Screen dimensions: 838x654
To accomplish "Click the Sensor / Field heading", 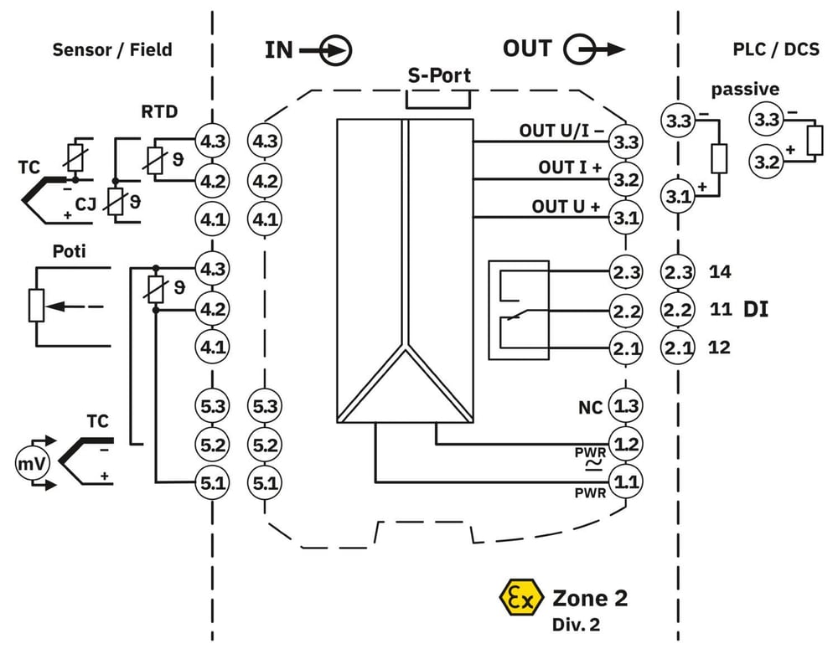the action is [x=112, y=49].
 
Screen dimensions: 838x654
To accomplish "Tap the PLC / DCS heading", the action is [x=775, y=49].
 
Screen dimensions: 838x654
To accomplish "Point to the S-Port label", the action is [x=439, y=75].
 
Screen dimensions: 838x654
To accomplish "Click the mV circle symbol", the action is [x=32, y=464].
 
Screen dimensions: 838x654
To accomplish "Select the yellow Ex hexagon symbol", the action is [x=521, y=598].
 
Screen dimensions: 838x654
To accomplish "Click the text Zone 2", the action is [x=590, y=598].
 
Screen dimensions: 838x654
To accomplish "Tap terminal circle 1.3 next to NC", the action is [x=626, y=406].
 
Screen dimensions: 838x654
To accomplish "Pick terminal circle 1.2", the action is [x=626, y=444].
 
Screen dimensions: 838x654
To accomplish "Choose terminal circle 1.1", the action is [x=626, y=482].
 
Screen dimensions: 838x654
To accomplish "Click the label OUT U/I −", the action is [x=561, y=131].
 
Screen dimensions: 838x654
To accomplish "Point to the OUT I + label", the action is [x=570, y=167].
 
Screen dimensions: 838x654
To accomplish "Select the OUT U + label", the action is [x=566, y=207].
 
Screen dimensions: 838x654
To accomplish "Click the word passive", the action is [x=745, y=89].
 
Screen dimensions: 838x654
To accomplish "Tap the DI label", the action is [x=756, y=309].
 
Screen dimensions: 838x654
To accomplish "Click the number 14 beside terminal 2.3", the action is [x=719, y=272].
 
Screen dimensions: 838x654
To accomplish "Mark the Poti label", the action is [x=69, y=251].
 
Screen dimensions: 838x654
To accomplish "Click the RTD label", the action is [x=159, y=111].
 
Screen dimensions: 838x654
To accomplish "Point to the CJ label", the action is [x=85, y=203].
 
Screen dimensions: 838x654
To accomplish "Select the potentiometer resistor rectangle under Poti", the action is [x=36, y=306].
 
